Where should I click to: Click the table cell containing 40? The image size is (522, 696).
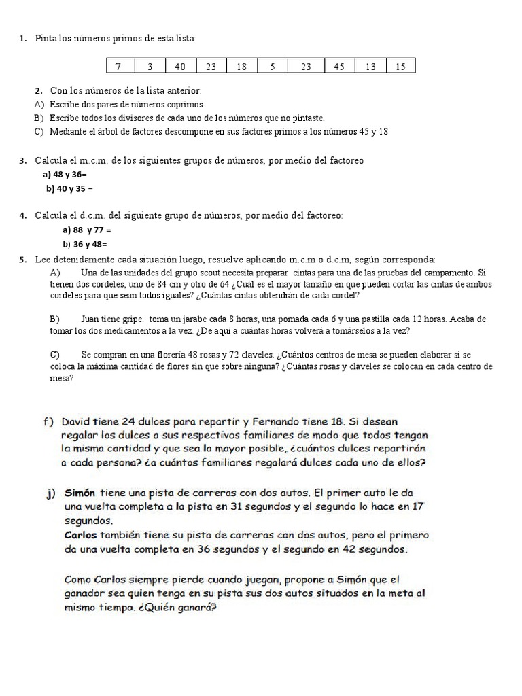click(179, 66)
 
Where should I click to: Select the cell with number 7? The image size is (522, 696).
click(118, 66)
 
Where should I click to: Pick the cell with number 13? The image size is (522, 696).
click(370, 66)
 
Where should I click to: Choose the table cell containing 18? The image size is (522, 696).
click(241, 66)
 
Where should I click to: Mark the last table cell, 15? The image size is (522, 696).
click(400, 66)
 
